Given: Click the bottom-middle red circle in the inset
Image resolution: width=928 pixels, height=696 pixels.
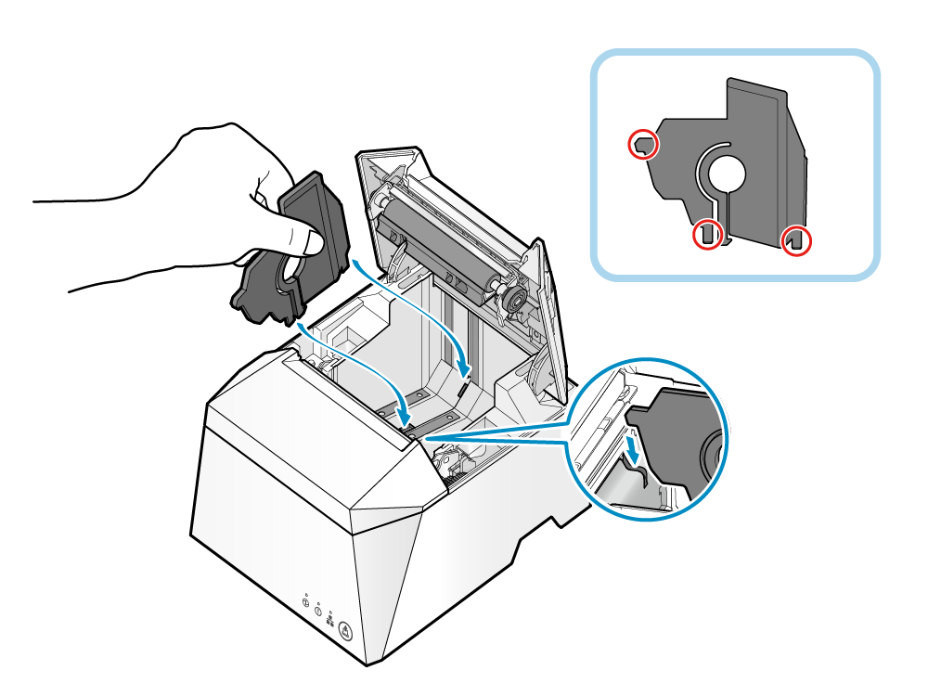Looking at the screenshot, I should (707, 235).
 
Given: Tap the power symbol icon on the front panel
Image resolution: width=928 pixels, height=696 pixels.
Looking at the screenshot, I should (318, 611).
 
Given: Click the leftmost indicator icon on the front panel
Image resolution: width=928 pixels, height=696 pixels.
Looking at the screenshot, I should (307, 602).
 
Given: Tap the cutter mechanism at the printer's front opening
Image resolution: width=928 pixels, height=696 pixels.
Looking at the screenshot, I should (454, 460).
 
